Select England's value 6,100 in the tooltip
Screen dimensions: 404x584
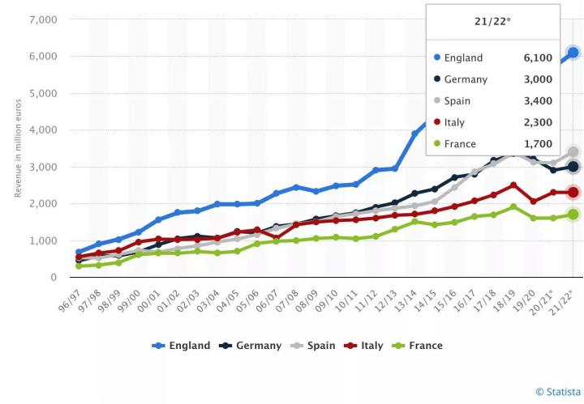click(538, 58)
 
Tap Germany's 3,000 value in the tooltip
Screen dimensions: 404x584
click(538, 79)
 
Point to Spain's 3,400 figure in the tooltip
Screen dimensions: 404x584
click(538, 101)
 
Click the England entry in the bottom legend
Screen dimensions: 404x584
click(182, 346)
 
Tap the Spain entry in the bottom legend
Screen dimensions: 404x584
click(315, 346)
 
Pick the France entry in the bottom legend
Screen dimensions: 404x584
click(418, 346)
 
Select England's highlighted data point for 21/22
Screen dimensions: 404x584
click(573, 53)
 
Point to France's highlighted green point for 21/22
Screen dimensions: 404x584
click(573, 215)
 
